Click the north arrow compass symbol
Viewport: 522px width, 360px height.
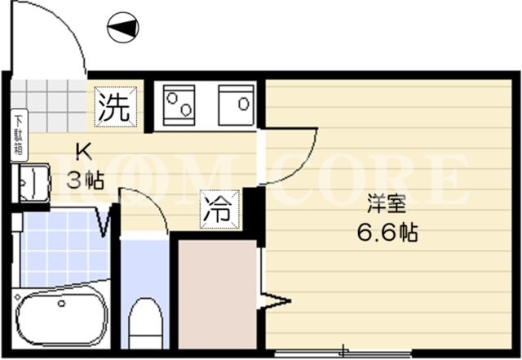[123, 27]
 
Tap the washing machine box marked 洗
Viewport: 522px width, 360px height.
[116, 107]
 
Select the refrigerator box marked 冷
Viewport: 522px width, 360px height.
[219, 209]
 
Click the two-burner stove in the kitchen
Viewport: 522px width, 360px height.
[179, 105]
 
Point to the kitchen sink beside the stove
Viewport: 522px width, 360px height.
[236, 105]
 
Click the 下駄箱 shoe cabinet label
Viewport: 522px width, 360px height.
[19, 135]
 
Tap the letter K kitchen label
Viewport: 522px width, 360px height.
[84, 152]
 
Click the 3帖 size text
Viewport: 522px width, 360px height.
[86, 180]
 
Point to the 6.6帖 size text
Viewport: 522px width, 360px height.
[387, 232]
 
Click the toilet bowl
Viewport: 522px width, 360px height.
[146, 323]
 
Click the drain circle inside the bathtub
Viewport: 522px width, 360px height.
[61, 304]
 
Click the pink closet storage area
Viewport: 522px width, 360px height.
[218, 295]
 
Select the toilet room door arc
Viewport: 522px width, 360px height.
[156, 203]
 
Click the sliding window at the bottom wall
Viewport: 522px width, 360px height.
[343, 353]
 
